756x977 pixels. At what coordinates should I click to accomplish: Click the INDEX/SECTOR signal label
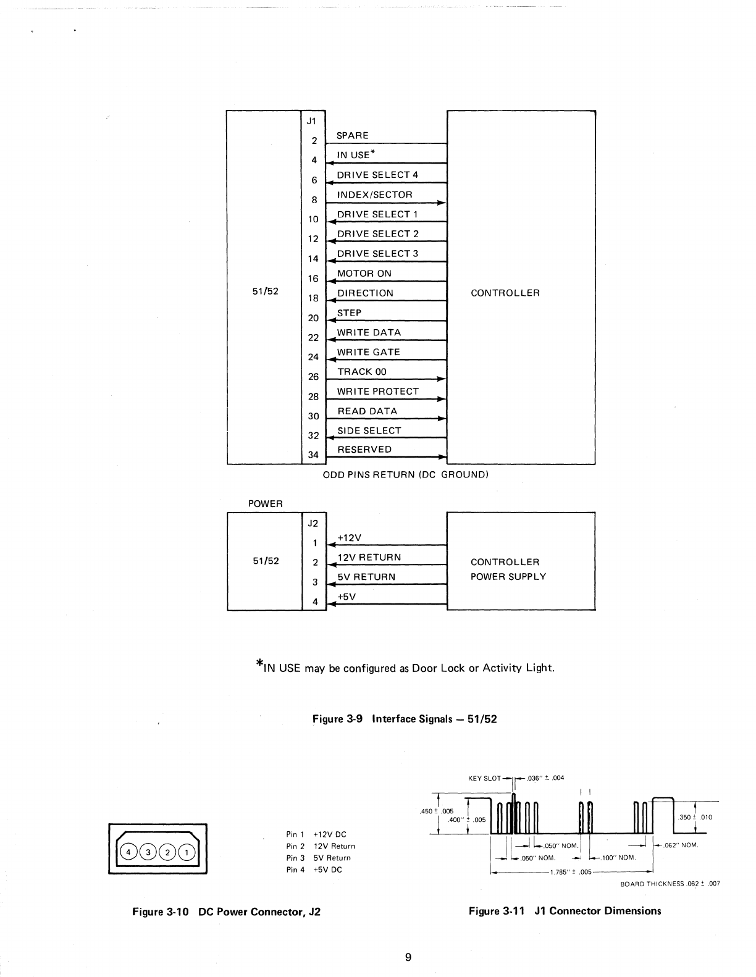pyautogui.click(x=374, y=195)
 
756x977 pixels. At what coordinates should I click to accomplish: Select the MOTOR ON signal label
pyautogui.click(x=364, y=274)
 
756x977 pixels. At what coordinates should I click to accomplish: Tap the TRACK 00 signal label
pyautogui.click(x=362, y=372)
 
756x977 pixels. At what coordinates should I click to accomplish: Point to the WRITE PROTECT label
pyautogui.click(x=377, y=392)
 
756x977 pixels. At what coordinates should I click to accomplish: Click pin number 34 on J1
pyautogui.click(x=313, y=455)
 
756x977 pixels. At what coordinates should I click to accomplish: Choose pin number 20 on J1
pyautogui.click(x=313, y=318)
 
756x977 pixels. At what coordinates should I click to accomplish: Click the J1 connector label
pyautogui.click(x=313, y=120)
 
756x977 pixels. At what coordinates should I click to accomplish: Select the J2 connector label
pyautogui.click(x=313, y=523)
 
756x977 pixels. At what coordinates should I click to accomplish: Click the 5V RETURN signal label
pyautogui.click(x=366, y=577)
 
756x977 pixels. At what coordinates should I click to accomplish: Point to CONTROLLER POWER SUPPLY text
pyautogui.click(x=508, y=569)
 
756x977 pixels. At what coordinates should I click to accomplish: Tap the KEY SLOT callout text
pyautogui.click(x=484, y=778)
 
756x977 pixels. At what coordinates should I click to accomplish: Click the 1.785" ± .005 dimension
pyautogui.click(x=570, y=872)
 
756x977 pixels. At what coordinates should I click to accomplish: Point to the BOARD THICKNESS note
pyautogui.click(x=670, y=884)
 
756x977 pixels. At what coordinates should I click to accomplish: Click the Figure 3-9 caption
pyautogui.click(x=405, y=719)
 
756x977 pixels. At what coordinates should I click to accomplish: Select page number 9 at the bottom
pyautogui.click(x=408, y=958)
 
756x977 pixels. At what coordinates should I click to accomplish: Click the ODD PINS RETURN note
pyautogui.click(x=406, y=475)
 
